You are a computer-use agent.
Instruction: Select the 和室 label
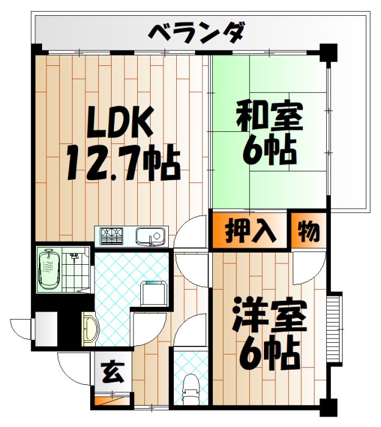tap(268, 116)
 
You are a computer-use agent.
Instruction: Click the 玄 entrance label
tap(112, 371)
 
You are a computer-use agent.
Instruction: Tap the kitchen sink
tap(150, 235)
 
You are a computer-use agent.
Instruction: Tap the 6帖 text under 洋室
tap(268, 352)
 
